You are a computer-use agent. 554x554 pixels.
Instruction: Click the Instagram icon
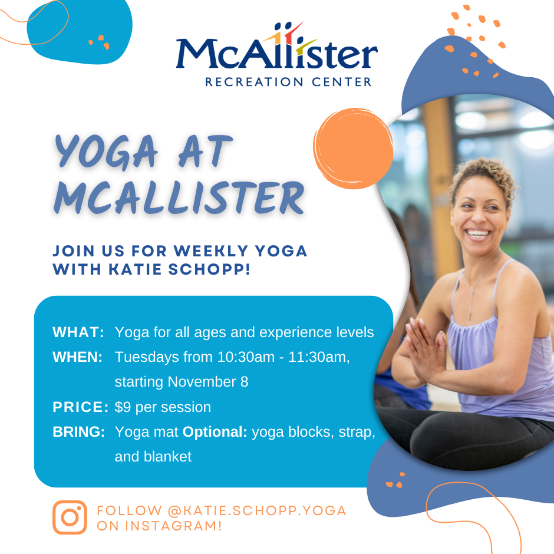70,517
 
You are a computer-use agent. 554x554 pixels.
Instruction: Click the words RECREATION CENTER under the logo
288,81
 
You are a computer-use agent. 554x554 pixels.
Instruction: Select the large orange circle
354,149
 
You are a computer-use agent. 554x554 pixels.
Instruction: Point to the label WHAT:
78,332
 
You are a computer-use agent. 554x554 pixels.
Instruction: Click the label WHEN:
78,357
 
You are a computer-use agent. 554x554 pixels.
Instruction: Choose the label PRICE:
80,407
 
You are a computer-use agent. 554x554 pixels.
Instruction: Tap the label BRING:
79,432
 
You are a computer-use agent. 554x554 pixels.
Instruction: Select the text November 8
208,382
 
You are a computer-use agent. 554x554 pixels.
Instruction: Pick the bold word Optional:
215,432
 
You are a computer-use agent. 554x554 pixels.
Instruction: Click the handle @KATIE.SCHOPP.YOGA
257,510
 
